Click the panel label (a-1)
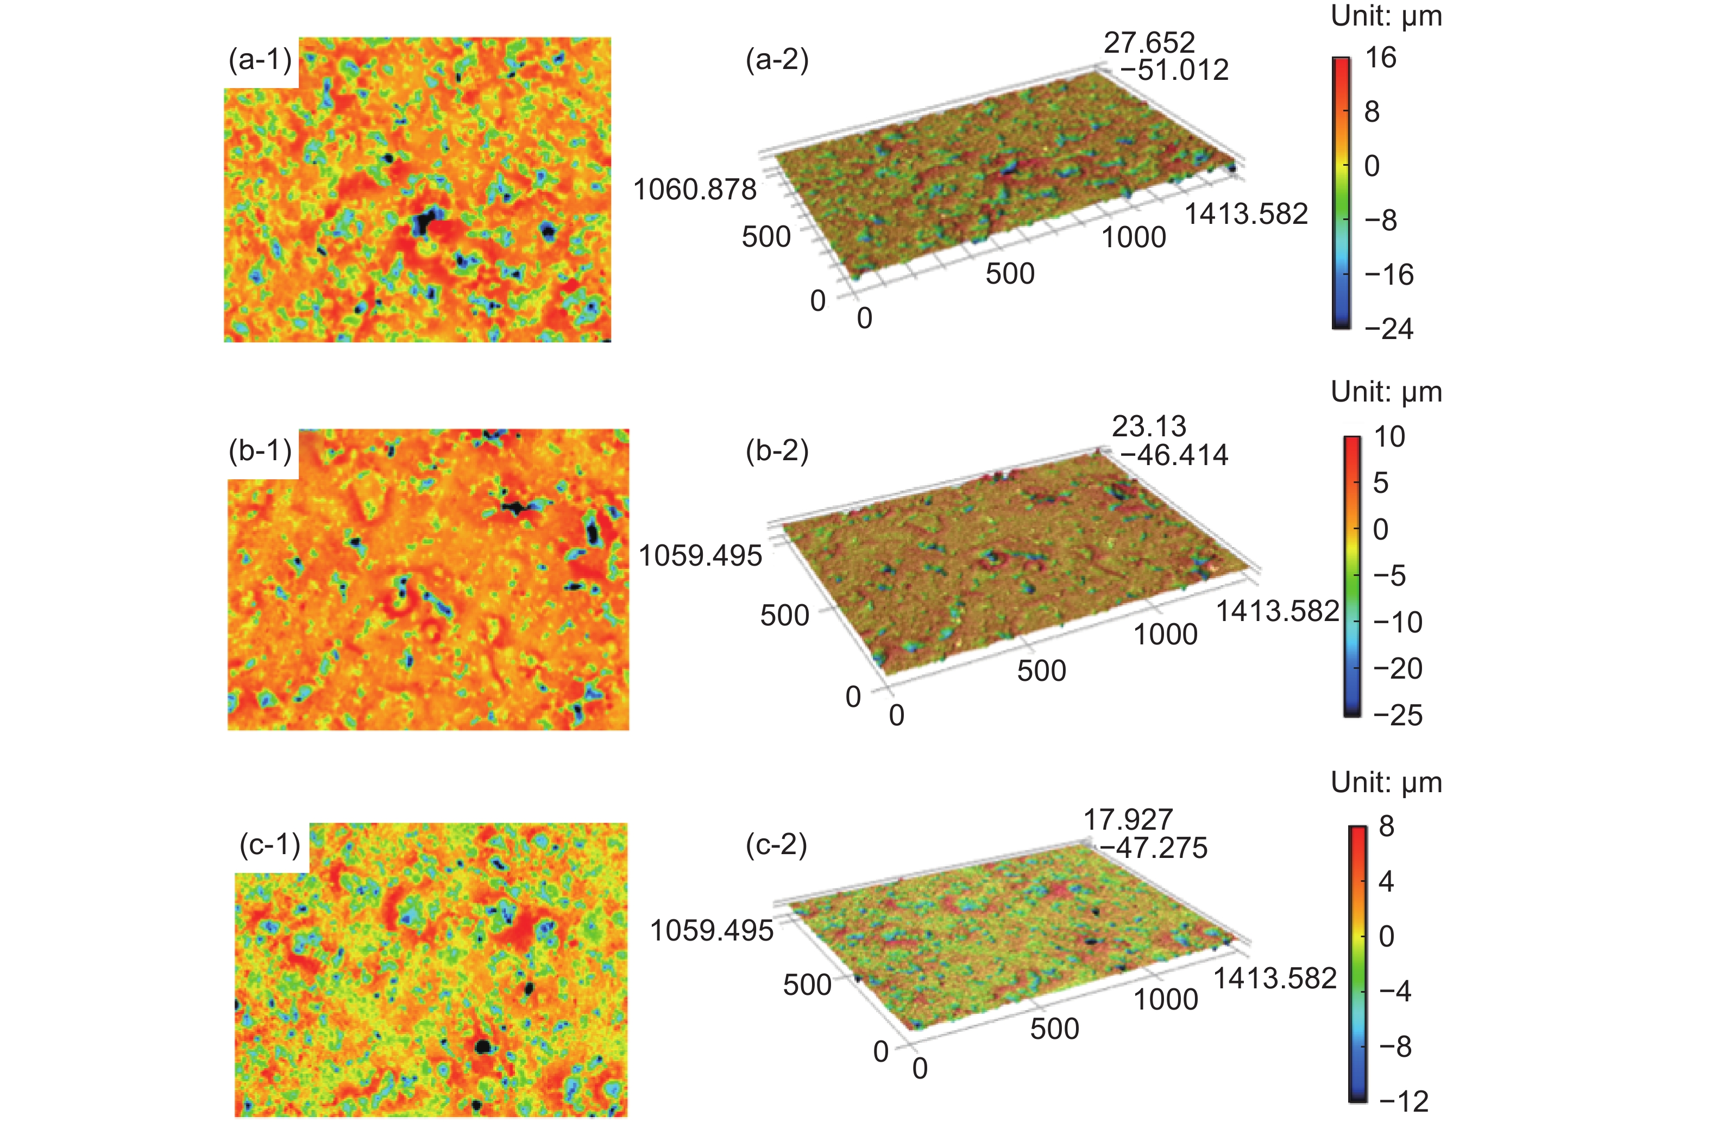pyautogui.click(x=260, y=60)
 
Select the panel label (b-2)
pyautogui.click(x=777, y=451)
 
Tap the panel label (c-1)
pyautogui.click(x=271, y=844)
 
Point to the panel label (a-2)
pyautogui.click(x=777, y=60)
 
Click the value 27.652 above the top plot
pyautogui.click(x=1149, y=42)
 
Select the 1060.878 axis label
pyautogui.click(x=695, y=190)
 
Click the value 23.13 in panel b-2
pyautogui.click(x=1149, y=427)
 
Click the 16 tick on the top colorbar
pyautogui.click(x=1380, y=58)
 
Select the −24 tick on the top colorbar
pyautogui.click(x=1389, y=329)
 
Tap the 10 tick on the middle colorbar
pyautogui.click(x=1389, y=436)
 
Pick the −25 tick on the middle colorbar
pyautogui.click(x=1398, y=715)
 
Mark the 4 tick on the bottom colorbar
pyautogui.click(x=1387, y=881)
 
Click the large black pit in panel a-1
pyautogui.click(x=426, y=222)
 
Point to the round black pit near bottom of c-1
pyautogui.click(x=483, y=1046)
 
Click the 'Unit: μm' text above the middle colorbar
pyautogui.click(x=1386, y=392)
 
